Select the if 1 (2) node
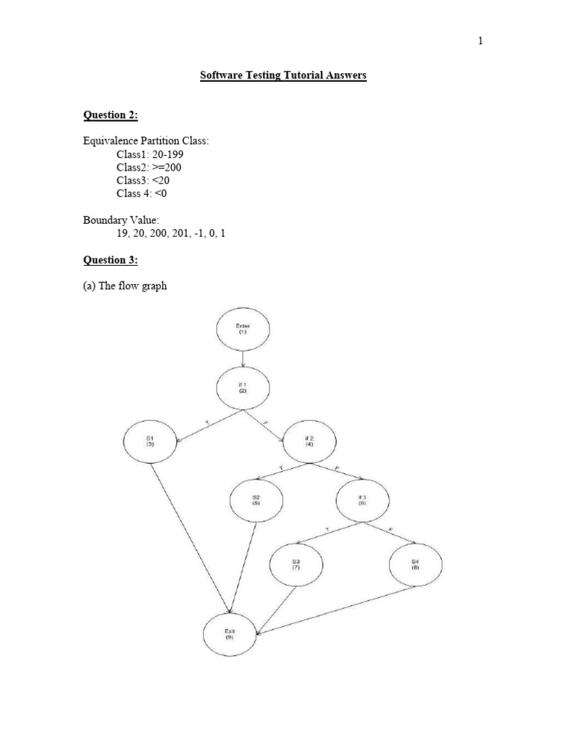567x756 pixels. click(x=243, y=387)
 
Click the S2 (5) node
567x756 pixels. click(x=257, y=501)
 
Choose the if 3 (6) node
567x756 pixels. click(x=362, y=501)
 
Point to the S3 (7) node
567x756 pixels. click(x=295, y=565)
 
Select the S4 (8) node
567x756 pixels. click(x=415, y=565)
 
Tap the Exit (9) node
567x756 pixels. click(x=230, y=632)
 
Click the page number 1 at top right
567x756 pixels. click(x=480, y=41)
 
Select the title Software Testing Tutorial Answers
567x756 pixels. click(x=283, y=75)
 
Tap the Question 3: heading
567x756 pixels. click(x=109, y=260)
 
